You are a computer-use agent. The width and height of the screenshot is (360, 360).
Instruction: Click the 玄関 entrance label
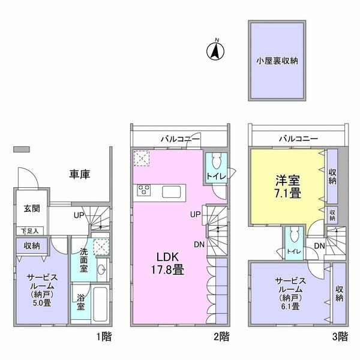click(x=31, y=209)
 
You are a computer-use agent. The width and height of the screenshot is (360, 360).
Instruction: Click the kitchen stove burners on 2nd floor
click(x=145, y=191)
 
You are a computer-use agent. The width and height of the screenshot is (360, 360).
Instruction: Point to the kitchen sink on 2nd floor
click(x=170, y=191)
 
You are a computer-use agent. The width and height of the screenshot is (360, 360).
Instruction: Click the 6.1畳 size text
click(x=291, y=306)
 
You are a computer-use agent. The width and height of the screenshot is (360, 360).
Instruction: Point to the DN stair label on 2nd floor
click(x=199, y=244)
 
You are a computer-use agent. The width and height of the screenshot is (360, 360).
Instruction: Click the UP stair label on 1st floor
click(x=79, y=215)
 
